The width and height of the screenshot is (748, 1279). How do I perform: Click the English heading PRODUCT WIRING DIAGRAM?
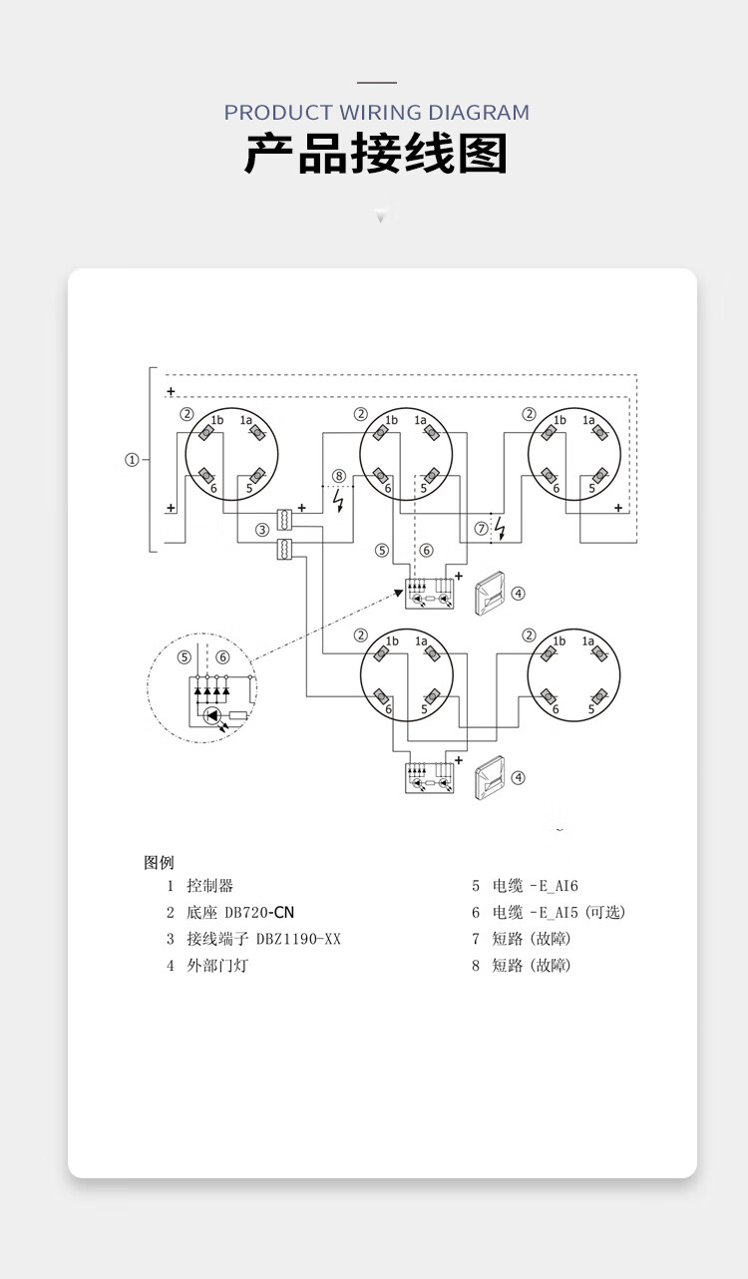[376, 113]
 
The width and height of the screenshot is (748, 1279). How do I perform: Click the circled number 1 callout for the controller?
[132, 460]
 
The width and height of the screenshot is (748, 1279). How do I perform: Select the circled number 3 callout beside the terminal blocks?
[262, 530]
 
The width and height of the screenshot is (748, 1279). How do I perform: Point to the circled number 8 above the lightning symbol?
[339, 476]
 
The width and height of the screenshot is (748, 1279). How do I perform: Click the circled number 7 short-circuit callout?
[482, 529]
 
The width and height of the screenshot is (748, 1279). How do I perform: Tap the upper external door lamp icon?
[490, 593]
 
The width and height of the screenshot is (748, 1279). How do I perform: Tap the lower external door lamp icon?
[490, 777]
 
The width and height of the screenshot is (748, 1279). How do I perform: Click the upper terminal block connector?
[284, 519]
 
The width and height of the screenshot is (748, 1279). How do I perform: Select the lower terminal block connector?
[284, 549]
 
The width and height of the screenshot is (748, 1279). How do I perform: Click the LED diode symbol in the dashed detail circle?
[212, 715]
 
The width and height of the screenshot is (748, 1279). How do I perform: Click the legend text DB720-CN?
[259, 913]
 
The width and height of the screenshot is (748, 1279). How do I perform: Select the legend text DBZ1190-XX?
[298, 939]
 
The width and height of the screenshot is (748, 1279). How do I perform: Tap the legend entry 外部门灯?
[217, 966]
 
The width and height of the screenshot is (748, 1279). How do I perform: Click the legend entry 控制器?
[210, 886]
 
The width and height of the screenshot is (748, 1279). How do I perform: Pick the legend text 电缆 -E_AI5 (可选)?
[559, 913]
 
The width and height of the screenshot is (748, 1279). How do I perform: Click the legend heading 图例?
[159, 862]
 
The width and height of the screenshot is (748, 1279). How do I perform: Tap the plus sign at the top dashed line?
[171, 392]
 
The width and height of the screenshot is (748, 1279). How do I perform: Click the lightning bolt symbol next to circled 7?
[501, 528]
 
